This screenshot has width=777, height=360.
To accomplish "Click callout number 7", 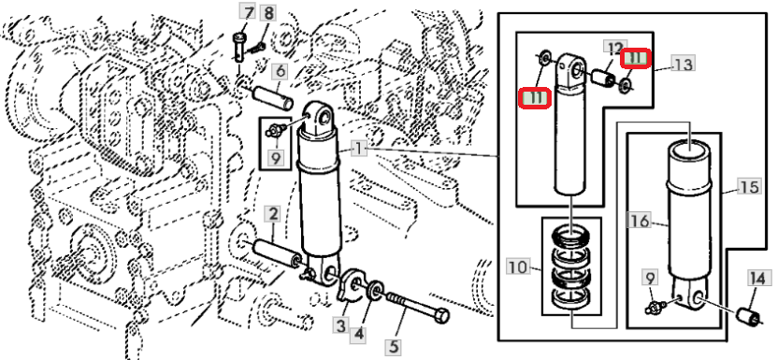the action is point(247,11).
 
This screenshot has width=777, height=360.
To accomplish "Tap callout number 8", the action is point(268,13).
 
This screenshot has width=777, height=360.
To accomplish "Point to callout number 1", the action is point(359,148).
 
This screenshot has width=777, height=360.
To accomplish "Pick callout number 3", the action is point(340,326).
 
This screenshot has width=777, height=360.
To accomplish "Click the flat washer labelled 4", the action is point(375,290).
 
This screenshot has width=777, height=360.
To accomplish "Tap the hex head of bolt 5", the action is point(441,315).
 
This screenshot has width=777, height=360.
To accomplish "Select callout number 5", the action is point(393,347).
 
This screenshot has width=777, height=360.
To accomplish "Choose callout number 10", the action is point(518,266).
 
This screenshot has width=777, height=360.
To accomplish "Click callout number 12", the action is point(615,48).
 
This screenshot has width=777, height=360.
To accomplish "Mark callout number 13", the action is point(683,64).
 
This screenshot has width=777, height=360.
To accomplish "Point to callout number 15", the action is point(749,187).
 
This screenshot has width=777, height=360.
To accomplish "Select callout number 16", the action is point(639,220).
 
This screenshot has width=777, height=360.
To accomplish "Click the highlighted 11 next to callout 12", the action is point(635,59).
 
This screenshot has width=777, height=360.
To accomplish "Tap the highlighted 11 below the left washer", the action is point(534,97).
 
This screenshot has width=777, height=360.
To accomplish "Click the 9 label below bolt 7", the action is point(275,158).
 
